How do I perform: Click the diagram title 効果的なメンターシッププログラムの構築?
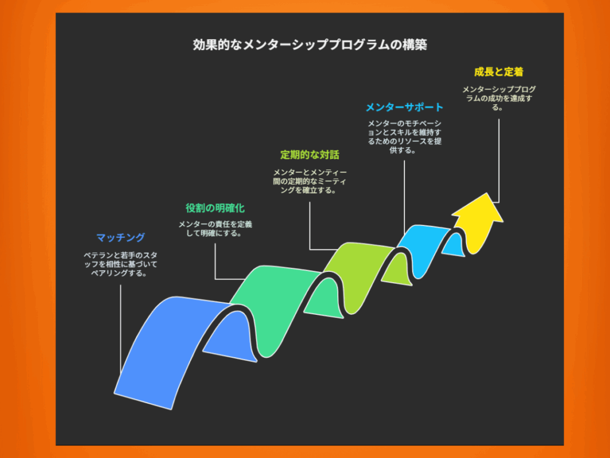pyautogui.click(x=310, y=44)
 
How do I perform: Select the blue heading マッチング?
pyautogui.click(x=120, y=237)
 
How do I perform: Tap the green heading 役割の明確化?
pyautogui.click(x=214, y=208)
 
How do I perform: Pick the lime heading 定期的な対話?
pyautogui.click(x=310, y=154)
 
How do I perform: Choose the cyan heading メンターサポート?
pyautogui.click(x=404, y=107)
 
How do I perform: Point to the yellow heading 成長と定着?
pyautogui.click(x=499, y=72)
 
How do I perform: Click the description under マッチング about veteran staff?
pyautogui.click(x=120, y=264)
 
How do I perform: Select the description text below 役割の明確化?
pyautogui.click(x=215, y=228)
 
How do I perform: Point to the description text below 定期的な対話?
pyautogui.click(x=310, y=181)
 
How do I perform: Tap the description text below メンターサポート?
pyautogui.click(x=404, y=137)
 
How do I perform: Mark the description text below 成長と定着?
pyautogui.click(x=499, y=98)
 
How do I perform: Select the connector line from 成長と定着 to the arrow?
pyautogui.click(x=499, y=160)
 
